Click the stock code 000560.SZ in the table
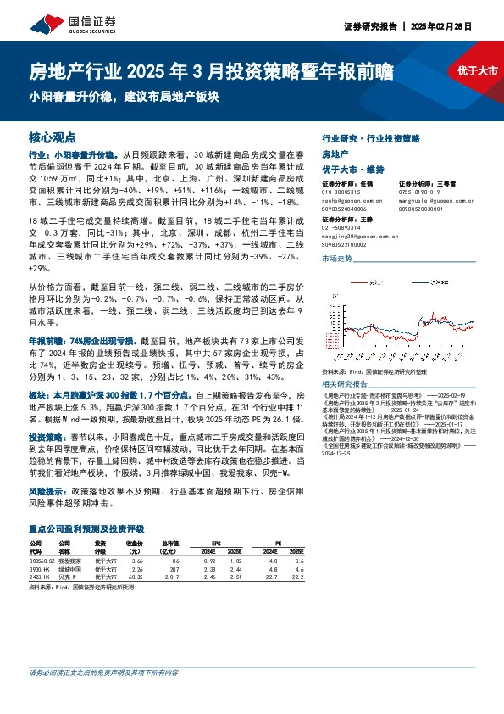point(41,561)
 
